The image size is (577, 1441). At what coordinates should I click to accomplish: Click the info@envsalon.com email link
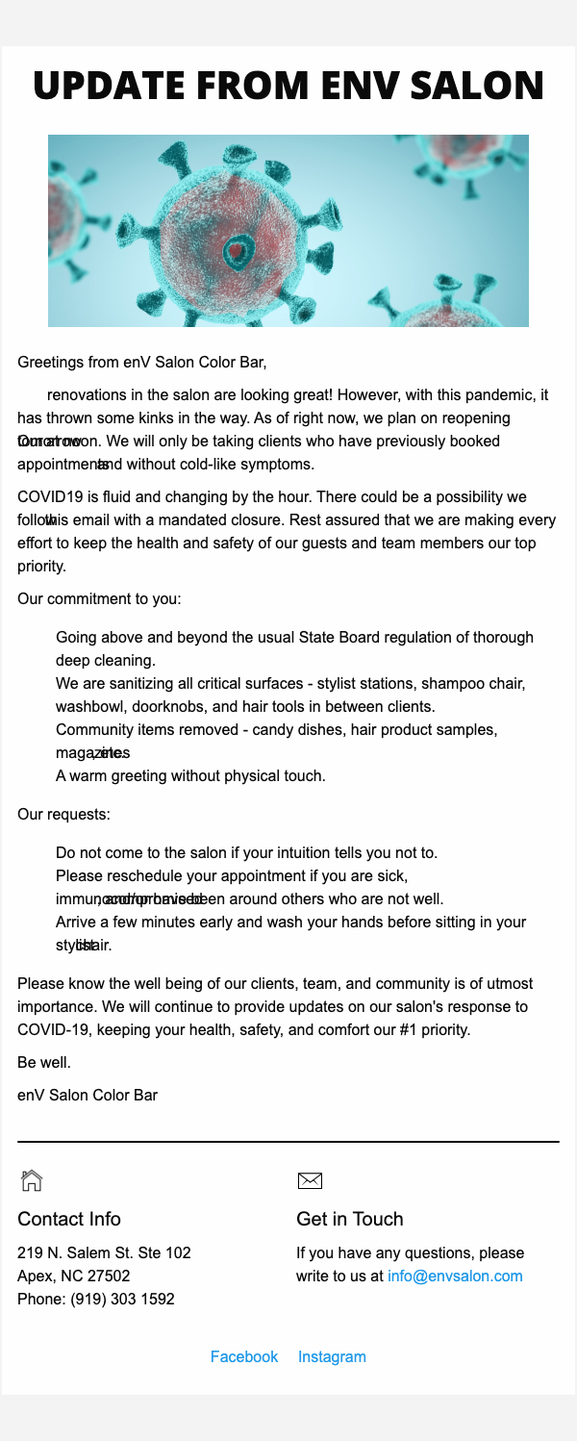tap(455, 1276)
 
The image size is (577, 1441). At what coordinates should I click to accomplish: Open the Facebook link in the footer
tap(244, 1356)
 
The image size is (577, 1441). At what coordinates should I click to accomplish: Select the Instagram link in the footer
tap(332, 1356)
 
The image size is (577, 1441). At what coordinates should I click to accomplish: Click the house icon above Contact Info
tap(32, 1179)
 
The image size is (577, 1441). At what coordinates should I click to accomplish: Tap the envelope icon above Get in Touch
tap(310, 1179)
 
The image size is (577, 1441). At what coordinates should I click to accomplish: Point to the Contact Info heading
tap(69, 1219)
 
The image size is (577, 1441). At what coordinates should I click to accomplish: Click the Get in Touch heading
tap(350, 1219)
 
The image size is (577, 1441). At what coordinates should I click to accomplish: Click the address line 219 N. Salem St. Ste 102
tap(104, 1252)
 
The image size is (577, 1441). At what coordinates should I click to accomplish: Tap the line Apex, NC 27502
tap(74, 1276)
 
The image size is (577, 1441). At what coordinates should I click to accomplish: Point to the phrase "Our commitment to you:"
tap(99, 598)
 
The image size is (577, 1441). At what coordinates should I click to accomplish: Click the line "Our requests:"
tap(63, 815)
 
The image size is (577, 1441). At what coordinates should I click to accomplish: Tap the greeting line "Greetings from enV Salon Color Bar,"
tap(141, 363)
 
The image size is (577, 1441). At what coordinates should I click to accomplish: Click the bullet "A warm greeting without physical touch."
tap(190, 774)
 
